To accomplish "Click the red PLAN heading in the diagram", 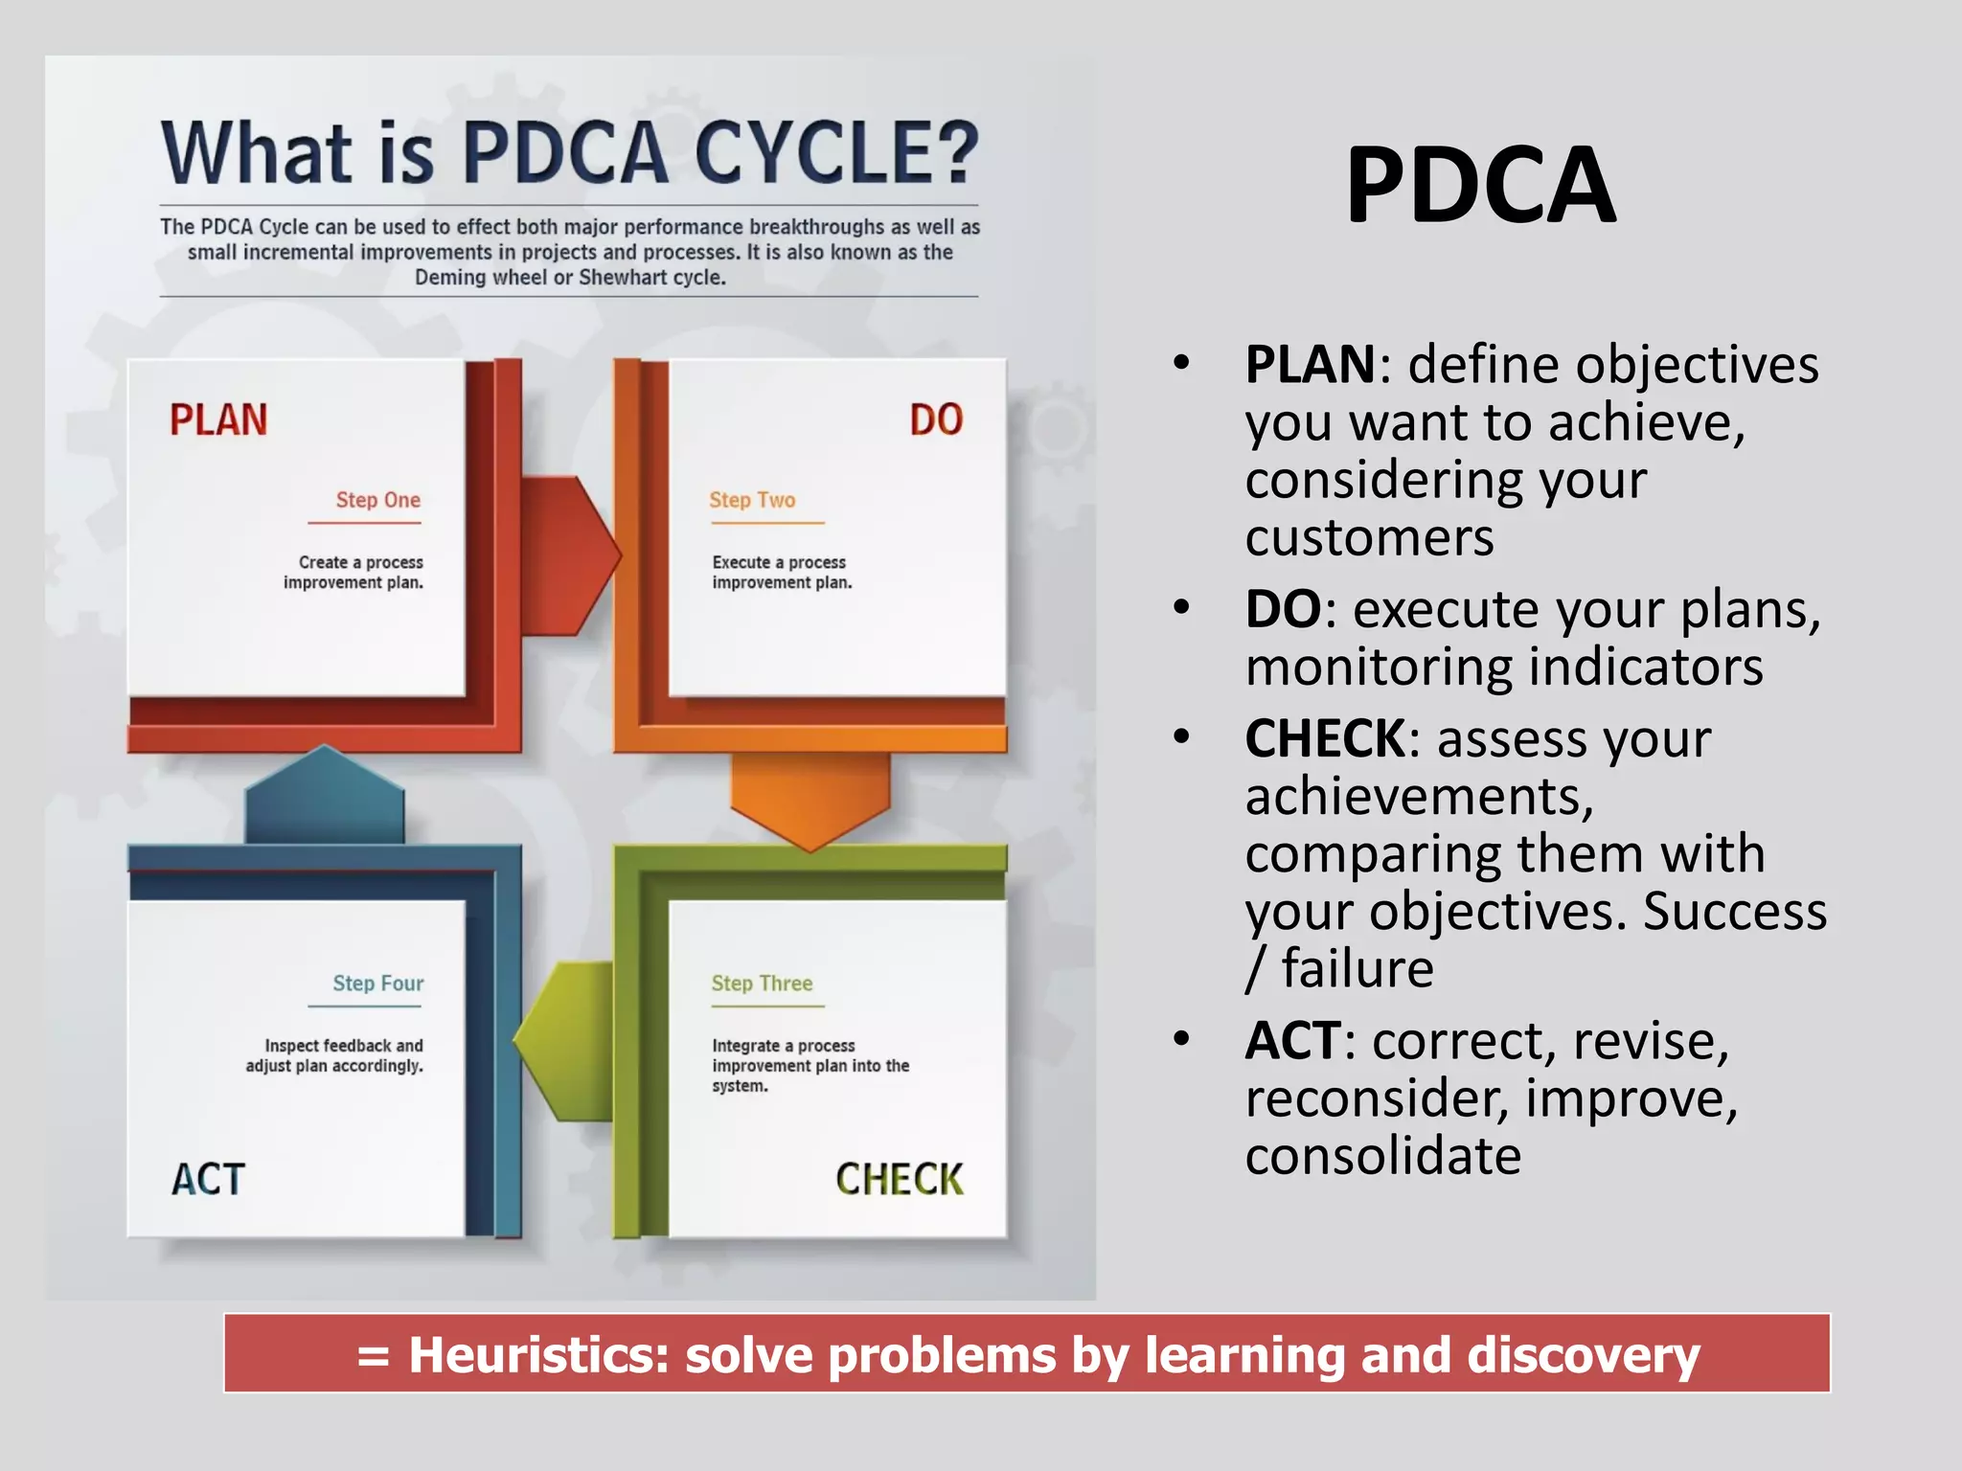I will point(218,420).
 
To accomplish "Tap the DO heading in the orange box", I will point(936,420).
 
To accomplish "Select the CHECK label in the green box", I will point(899,1179).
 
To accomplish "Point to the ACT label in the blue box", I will point(208,1179).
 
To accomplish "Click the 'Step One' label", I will point(377,500).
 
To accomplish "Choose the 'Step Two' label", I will point(752,500).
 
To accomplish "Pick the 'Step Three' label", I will point(762,984).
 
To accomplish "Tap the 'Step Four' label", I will point(377,984).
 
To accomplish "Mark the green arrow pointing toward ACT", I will point(565,1040).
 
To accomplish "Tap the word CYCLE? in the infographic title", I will point(835,153).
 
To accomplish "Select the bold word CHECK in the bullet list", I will point(1325,738).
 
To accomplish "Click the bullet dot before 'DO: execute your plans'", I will point(1182,608).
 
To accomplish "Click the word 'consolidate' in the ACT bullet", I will point(1382,1156).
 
